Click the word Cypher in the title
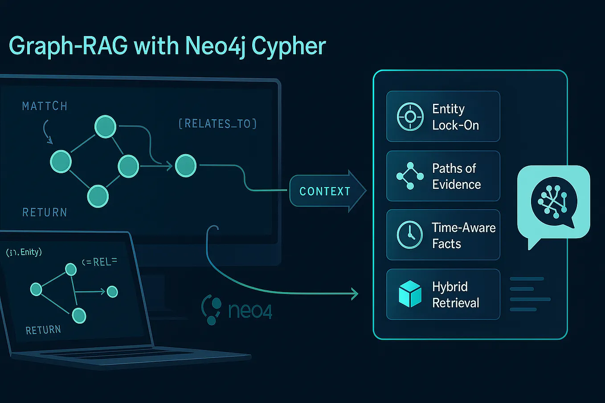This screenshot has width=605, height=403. point(289,46)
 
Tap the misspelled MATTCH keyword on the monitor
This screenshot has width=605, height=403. point(45,106)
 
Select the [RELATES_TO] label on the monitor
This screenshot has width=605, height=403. point(217,123)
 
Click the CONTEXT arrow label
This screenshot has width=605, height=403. point(325,191)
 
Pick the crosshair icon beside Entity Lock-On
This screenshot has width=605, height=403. point(410,117)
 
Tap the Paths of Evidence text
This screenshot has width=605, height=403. point(456,176)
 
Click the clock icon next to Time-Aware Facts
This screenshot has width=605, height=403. point(409,235)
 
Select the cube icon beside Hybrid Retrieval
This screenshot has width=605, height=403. point(410,294)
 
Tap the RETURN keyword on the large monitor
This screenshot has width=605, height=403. point(45,212)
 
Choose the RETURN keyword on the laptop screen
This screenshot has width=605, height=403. point(43,330)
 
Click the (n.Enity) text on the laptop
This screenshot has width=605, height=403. point(24,252)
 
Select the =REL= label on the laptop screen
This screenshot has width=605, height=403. point(100,262)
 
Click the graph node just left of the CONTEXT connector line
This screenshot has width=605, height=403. point(186,166)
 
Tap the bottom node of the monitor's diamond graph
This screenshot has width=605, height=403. point(98,196)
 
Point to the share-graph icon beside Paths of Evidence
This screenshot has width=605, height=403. point(410,176)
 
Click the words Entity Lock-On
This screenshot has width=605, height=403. point(455,117)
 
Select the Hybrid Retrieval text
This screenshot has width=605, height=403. point(455,295)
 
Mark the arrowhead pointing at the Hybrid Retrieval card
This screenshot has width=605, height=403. point(355,293)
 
